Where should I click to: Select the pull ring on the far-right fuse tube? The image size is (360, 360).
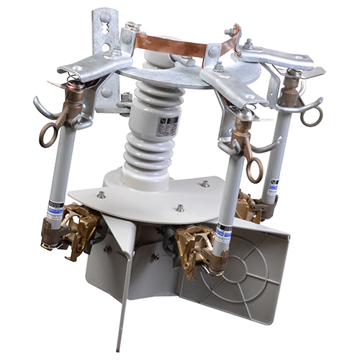pyautogui.click(x=311, y=116)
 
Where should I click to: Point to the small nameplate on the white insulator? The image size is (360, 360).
pyautogui.click(x=168, y=127)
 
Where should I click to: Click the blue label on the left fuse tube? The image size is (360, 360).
pyautogui.click(x=55, y=209)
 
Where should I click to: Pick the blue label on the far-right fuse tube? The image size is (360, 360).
pyautogui.click(x=271, y=189)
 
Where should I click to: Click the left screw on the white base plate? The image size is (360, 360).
pyautogui.click(x=101, y=194)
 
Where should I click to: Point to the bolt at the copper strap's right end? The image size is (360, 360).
pyautogui.click(x=232, y=32)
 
